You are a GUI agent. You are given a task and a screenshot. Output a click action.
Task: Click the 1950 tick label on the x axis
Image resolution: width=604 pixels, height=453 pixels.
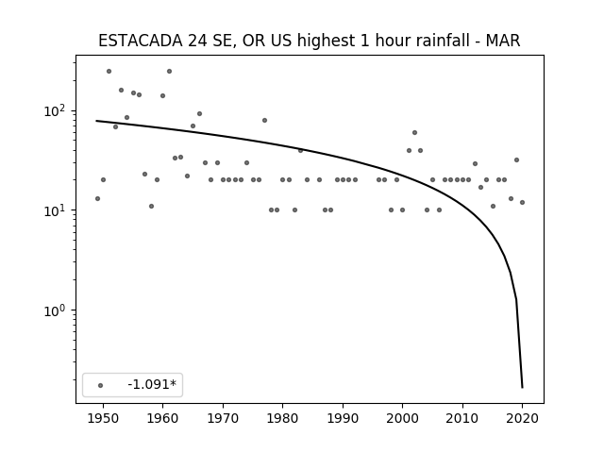click(x=103, y=418)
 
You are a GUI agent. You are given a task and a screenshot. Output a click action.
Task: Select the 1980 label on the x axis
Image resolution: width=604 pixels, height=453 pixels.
click(x=282, y=418)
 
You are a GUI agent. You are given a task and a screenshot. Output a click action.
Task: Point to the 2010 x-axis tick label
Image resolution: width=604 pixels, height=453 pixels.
click(x=462, y=418)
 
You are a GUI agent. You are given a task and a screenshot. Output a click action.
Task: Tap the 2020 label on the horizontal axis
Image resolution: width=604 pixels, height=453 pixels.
click(x=522, y=418)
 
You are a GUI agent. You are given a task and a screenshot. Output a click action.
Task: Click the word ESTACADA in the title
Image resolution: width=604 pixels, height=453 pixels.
click(x=141, y=41)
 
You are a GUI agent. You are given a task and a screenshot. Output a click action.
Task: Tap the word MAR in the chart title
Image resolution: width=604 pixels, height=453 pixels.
click(x=503, y=41)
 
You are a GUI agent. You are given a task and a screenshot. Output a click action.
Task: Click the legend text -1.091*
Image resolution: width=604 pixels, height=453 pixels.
click(x=152, y=384)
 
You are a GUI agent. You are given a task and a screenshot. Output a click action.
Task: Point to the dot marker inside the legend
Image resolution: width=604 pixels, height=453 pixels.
click(x=101, y=385)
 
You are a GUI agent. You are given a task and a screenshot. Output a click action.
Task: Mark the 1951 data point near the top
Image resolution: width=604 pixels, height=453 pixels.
click(x=109, y=72)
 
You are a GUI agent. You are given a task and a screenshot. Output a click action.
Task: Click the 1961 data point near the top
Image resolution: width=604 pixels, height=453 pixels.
click(x=169, y=72)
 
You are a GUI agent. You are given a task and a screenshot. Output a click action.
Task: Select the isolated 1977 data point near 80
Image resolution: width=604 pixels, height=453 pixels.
click(x=264, y=120)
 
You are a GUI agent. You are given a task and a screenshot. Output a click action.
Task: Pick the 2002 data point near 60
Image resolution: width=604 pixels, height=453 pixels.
click(x=414, y=132)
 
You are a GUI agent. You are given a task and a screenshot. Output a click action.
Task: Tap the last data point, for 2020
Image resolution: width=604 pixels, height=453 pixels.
click(x=522, y=202)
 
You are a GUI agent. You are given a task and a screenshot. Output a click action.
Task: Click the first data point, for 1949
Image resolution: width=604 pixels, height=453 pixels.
click(x=97, y=198)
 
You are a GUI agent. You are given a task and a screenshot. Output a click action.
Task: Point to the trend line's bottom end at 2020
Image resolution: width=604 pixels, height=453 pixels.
click(x=522, y=387)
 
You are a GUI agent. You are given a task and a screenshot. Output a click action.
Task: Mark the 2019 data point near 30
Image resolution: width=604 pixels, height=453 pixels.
click(x=516, y=159)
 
